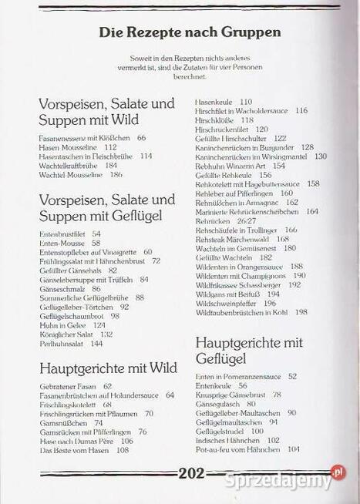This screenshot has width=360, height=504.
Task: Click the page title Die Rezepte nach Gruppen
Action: pyautogui.click(x=190, y=32)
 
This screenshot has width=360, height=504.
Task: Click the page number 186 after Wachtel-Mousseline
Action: pyautogui.click(x=116, y=174)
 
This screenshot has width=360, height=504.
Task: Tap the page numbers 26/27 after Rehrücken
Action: pyautogui.click(x=247, y=220)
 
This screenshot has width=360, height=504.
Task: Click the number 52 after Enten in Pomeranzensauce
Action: pyautogui.click(x=292, y=376)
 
